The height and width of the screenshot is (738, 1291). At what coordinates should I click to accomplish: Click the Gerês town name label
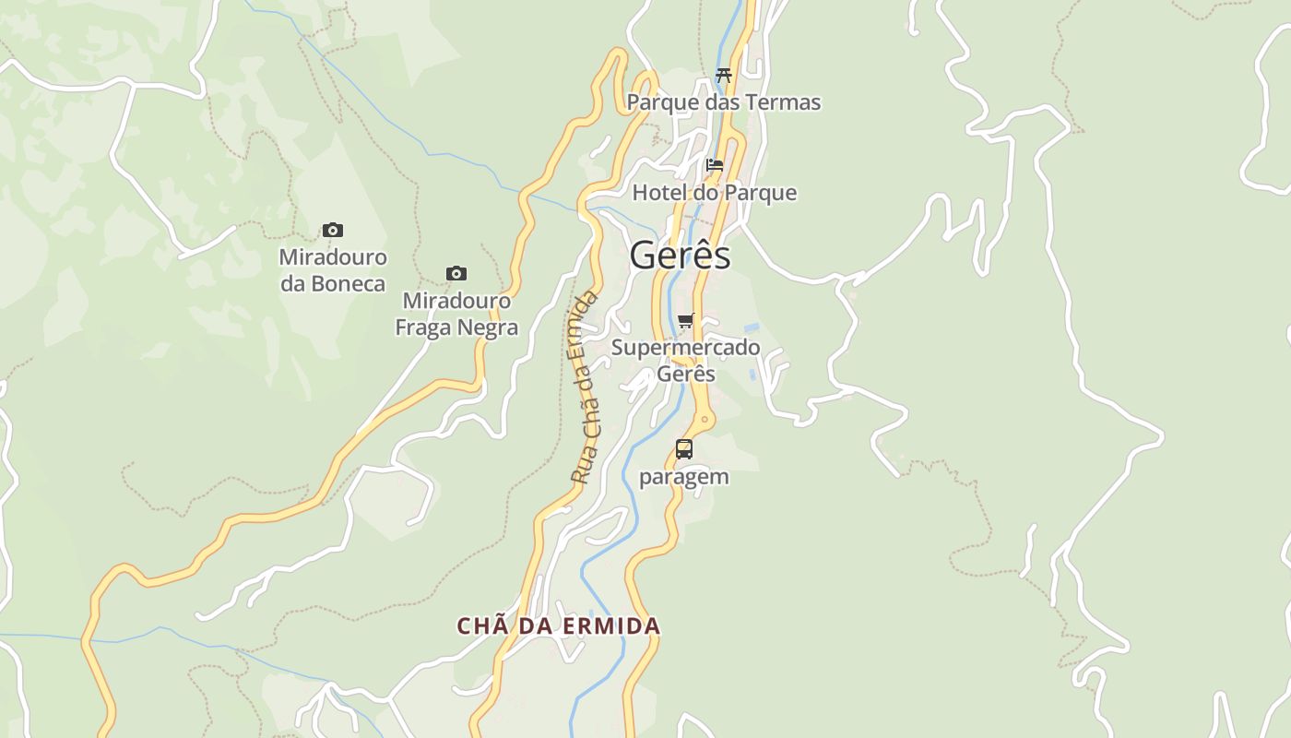coord(681,256)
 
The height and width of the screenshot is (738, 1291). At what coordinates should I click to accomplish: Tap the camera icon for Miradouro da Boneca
coord(332,230)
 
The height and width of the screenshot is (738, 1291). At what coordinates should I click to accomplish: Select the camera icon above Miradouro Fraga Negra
coord(456,273)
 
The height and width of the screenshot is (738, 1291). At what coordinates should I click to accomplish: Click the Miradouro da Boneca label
coord(333,270)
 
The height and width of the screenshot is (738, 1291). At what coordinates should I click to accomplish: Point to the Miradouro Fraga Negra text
coord(456,315)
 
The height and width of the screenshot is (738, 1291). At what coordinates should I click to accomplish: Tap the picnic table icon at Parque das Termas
coord(724,76)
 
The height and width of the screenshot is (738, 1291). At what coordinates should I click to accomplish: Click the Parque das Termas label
coord(724,102)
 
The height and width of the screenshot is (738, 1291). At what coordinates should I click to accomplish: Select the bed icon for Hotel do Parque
coord(715,166)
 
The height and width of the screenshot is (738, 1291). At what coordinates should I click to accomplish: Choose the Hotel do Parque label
coord(715,193)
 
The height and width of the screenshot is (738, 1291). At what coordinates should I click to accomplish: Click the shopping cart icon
coord(685,321)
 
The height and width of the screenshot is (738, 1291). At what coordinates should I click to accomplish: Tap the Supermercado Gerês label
coord(686,361)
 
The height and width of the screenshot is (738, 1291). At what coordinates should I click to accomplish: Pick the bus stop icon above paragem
coord(684,449)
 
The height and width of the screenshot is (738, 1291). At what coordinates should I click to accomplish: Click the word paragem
coord(684,477)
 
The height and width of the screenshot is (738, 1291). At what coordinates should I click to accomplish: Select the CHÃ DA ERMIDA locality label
coord(559,625)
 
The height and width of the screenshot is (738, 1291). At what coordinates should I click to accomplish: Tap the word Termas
coord(785,102)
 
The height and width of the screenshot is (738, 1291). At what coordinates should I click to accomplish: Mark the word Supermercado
coord(686,348)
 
